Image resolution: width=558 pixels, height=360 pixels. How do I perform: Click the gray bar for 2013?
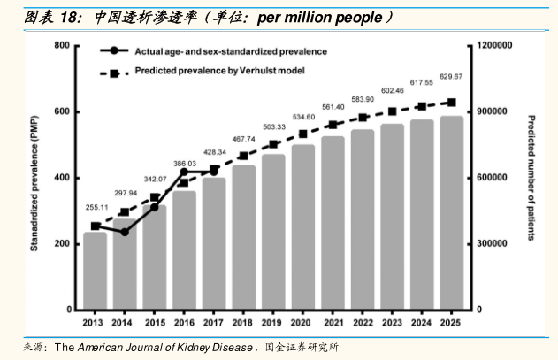tap(96, 271)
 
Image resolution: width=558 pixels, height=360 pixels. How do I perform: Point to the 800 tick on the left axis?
tap(62, 45)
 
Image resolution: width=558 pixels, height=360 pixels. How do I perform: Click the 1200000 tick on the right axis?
tap(493, 45)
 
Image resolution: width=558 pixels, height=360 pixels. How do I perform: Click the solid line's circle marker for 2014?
tap(125, 233)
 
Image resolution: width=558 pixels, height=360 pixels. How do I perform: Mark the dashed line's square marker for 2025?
tap(451, 103)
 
